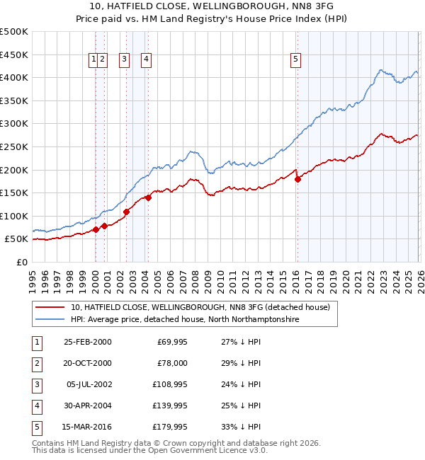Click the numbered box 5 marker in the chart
coord(295,60)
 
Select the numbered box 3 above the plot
coord(124,60)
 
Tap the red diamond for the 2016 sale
coord(297,179)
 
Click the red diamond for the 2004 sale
coord(148,197)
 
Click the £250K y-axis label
coord(14,146)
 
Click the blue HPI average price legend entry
coord(184,320)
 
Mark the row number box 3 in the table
coord(35,384)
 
